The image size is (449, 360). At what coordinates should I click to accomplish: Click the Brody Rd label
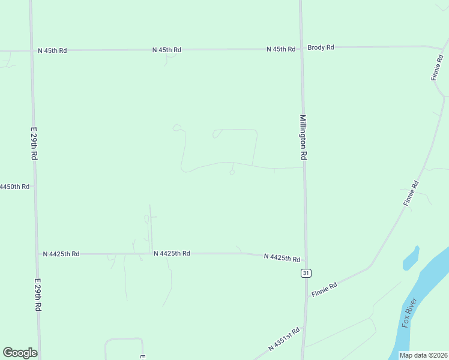point(321,47)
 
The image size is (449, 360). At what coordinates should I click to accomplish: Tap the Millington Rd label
point(304,137)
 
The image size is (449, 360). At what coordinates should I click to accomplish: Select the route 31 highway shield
point(306,273)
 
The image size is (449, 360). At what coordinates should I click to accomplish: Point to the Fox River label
point(410,315)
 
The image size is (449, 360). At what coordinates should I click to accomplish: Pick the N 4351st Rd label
point(283,340)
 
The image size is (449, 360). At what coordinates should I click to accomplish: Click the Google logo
point(20,353)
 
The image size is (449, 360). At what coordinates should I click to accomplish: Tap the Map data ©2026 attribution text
point(423,355)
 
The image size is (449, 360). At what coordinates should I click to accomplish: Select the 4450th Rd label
point(14,187)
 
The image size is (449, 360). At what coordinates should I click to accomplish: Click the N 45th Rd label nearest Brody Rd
point(281,49)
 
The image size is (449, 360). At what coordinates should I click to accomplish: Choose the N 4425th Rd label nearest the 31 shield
point(282,257)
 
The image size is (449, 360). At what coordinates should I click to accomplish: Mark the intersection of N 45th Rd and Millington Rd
point(301,49)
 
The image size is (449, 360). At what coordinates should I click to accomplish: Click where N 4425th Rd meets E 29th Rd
point(37,254)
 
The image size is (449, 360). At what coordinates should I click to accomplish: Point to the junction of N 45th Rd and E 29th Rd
point(31,51)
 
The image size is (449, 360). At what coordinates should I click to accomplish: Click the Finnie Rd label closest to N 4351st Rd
point(324,289)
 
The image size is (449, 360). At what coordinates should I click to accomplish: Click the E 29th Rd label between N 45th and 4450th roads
point(34,142)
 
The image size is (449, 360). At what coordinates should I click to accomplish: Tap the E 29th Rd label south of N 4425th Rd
point(38,295)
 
